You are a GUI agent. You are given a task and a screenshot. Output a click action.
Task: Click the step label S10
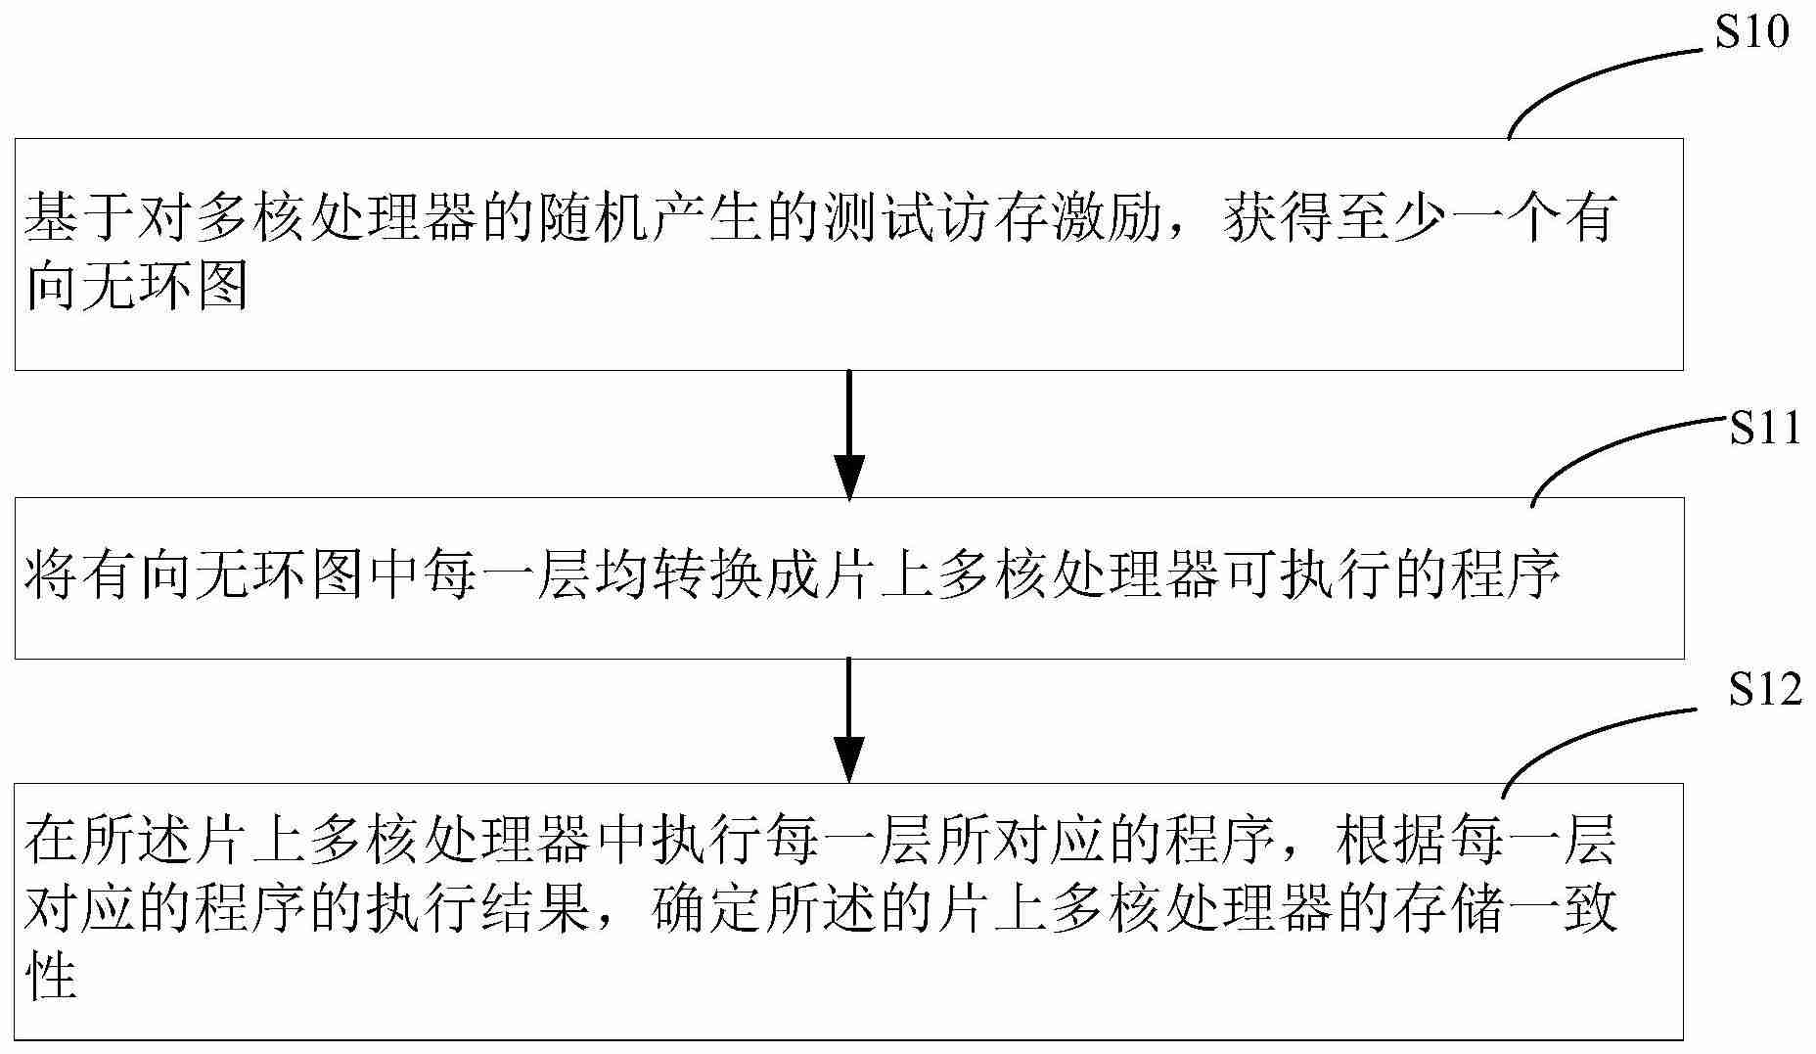click(x=1752, y=33)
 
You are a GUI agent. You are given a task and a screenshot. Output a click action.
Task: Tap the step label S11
click(x=1765, y=429)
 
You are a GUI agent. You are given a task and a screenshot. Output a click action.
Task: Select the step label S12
click(x=1765, y=690)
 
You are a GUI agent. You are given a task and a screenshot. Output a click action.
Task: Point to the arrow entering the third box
click(x=848, y=720)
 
